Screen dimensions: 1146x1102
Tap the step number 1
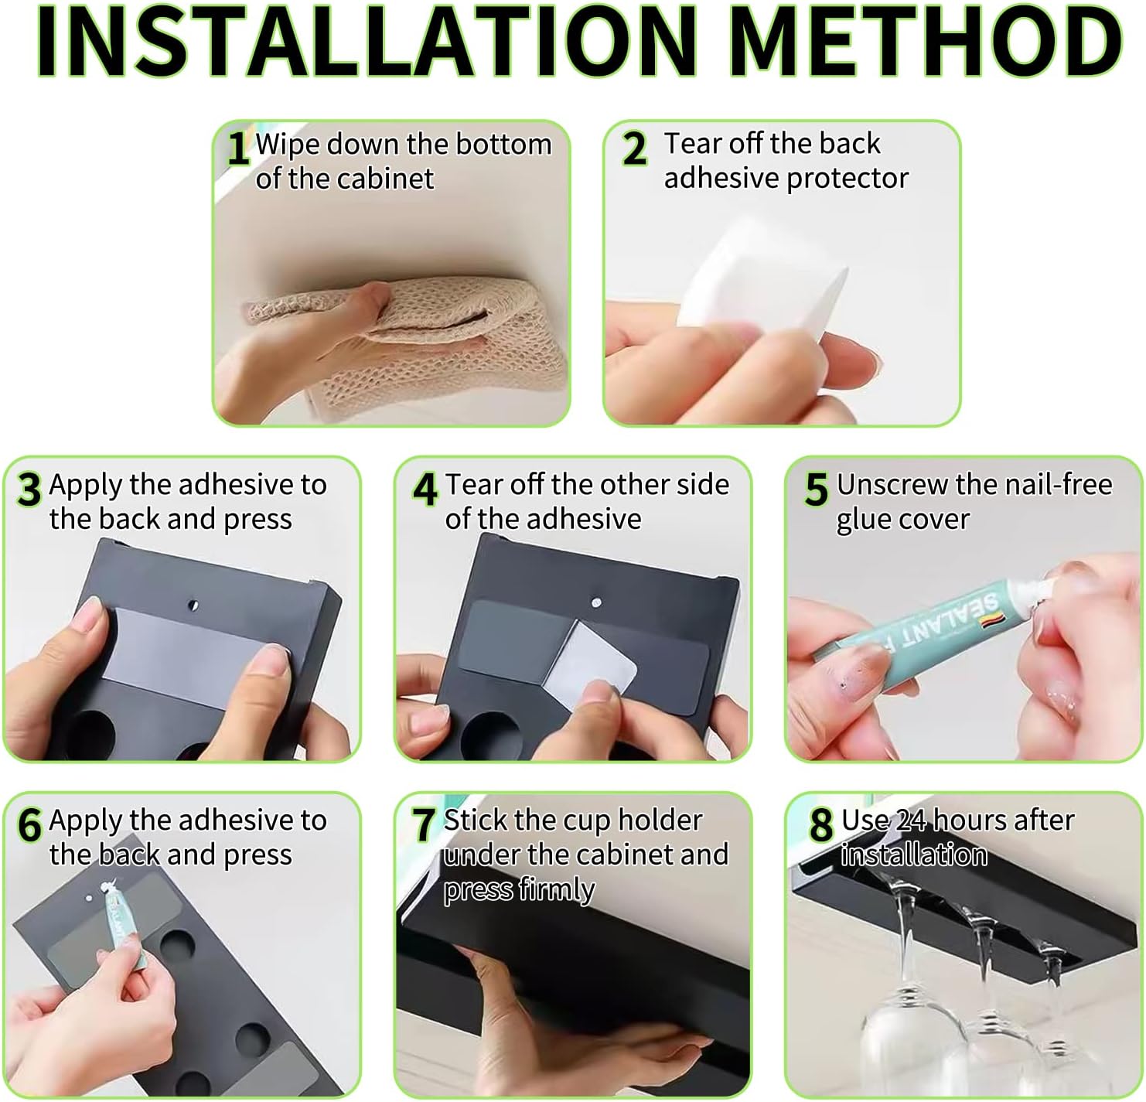(238, 148)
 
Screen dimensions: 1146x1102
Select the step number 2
(634, 149)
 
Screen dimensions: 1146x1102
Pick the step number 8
(821, 825)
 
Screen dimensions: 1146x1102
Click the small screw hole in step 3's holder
(193, 605)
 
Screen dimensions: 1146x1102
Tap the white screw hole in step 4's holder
(596, 602)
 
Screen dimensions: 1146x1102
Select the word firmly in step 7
(557, 889)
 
